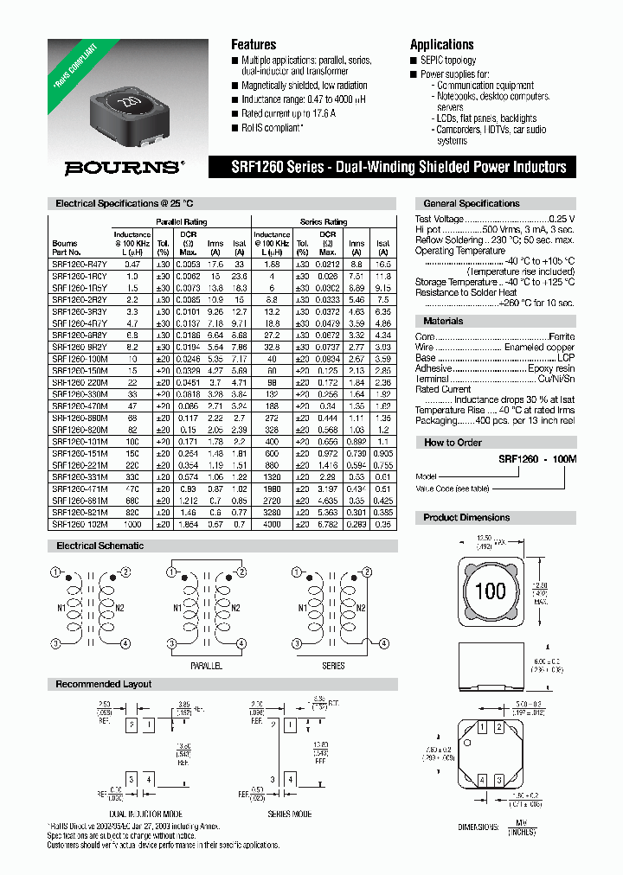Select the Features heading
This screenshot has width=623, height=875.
pos(254,44)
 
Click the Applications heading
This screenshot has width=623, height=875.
pos(441,44)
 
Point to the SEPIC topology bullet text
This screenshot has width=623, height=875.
pos(447,61)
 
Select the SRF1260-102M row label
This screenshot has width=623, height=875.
pos(79,524)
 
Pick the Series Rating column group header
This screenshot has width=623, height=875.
pos(324,221)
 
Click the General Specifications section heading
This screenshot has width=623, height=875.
pos(471,203)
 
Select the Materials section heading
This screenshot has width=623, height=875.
pos(443,321)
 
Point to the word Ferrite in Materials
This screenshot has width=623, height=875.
pos(561,336)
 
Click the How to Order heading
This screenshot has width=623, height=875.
pos(451,442)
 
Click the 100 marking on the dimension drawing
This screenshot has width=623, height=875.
pos(491,591)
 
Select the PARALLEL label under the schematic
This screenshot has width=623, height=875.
pos(206,666)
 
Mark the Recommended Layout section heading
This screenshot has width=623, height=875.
pos(103,684)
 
